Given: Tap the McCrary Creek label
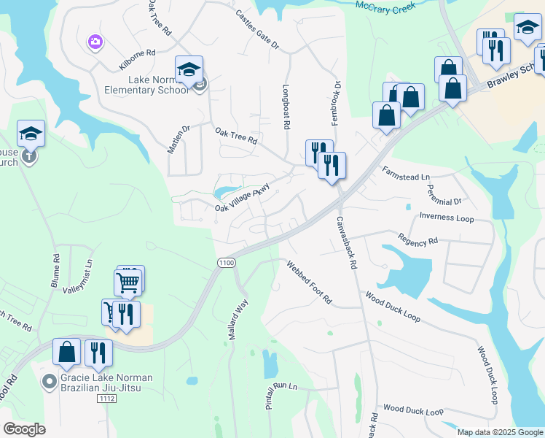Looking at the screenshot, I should click(385, 6).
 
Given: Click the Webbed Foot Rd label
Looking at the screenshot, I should click(309, 283).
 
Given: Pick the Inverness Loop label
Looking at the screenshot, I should click(447, 218).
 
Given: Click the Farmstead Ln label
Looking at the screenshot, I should click(406, 174).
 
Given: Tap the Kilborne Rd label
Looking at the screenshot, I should click(137, 59).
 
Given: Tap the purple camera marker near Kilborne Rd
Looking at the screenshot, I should click(95, 42).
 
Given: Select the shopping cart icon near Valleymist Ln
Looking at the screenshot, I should click(128, 282).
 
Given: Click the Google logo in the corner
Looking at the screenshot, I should click(24, 429).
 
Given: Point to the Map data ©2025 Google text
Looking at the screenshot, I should click(499, 432).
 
